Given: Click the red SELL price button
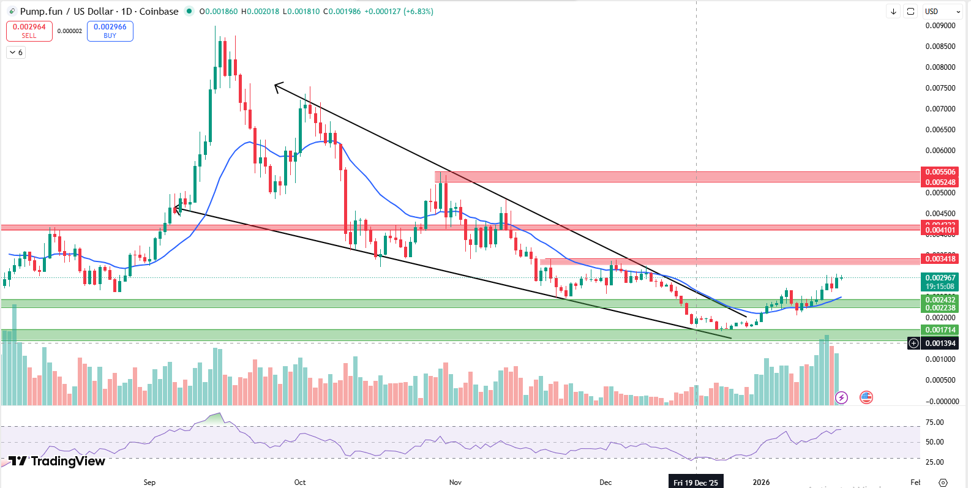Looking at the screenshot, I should point(29,31).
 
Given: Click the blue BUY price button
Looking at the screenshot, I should point(110,31).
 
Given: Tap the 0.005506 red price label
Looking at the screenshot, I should point(940,172).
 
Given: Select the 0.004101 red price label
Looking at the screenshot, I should point(940,230).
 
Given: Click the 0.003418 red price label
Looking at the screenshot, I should point(940,259).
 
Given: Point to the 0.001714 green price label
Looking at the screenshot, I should point(940,330).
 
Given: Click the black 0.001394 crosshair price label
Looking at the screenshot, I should point(940,343).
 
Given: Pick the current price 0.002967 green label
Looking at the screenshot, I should point(940,278).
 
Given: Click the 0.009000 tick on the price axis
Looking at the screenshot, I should point(940,26).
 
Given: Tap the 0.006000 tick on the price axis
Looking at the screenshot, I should point(940,151).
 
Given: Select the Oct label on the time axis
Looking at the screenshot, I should point(300,482).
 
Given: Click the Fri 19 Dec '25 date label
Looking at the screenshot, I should point(695,482).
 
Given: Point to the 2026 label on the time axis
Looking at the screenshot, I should point(761,482).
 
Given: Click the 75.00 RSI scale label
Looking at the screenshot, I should point(934,422).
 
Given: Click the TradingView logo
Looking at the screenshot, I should point(57,461).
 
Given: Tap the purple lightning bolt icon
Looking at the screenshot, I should point(841,398).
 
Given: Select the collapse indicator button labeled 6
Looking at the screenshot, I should point(16,53).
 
